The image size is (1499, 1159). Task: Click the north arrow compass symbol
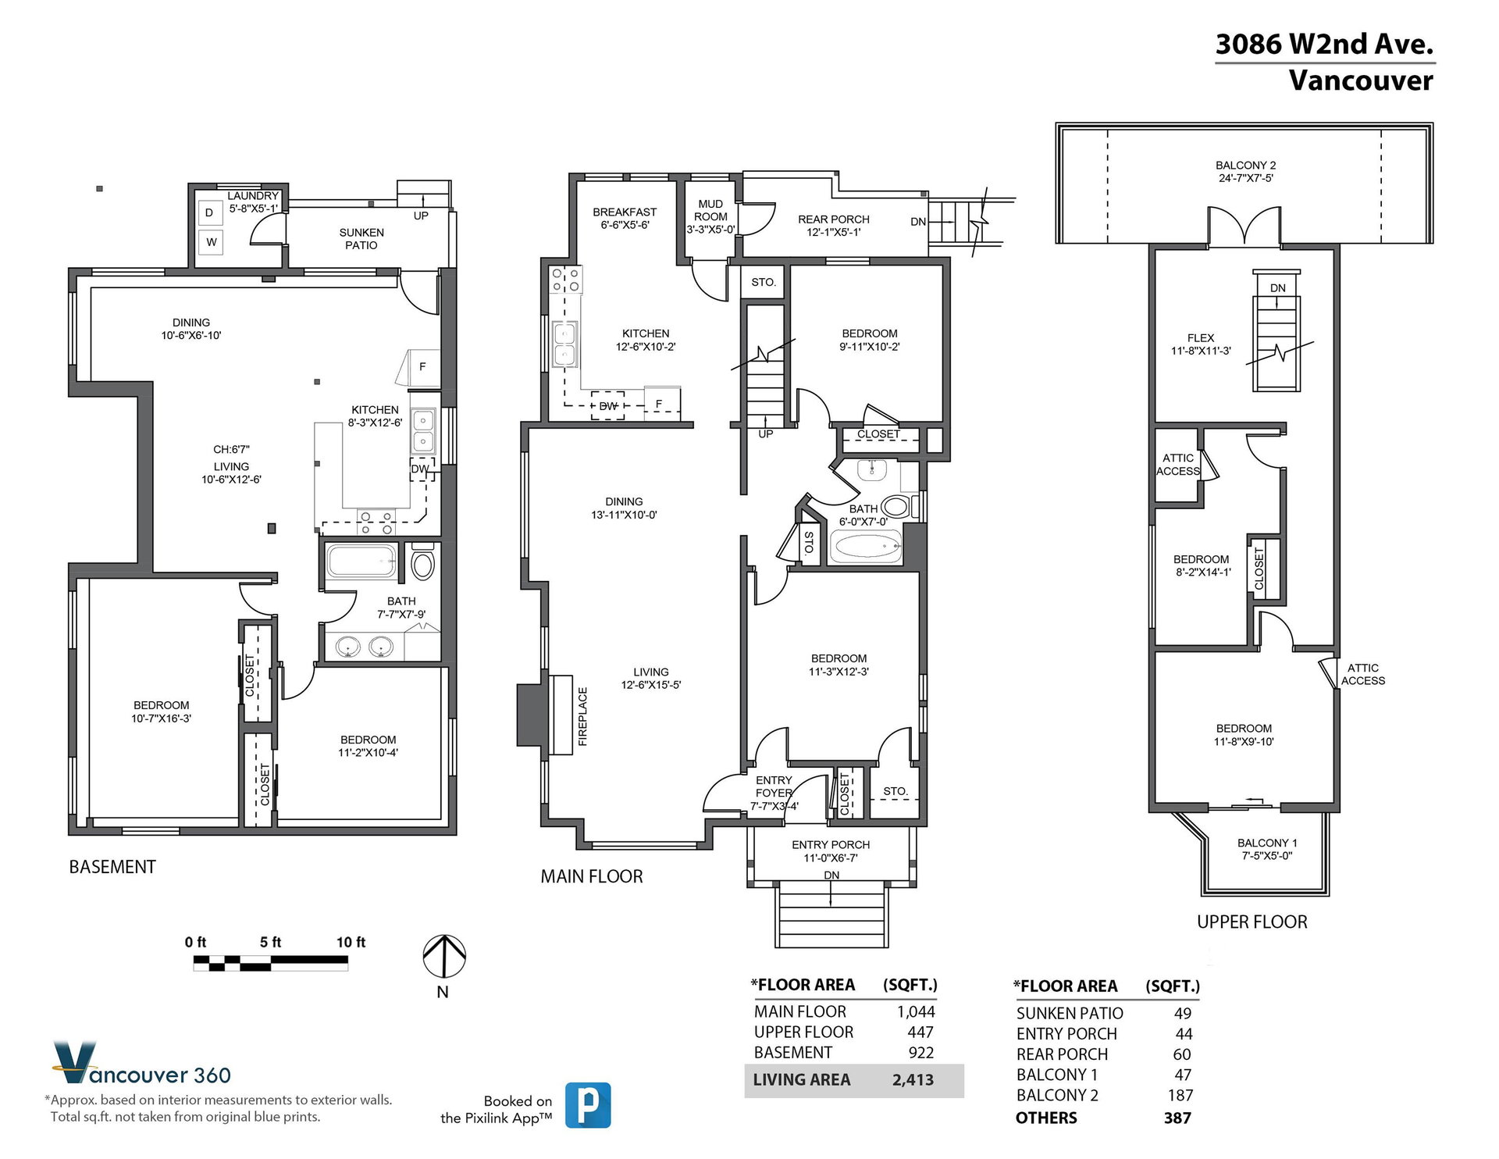pyautogui.click(x=444, y=956)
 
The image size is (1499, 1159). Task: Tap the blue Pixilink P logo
pyautogui.click(x=588, y=1105)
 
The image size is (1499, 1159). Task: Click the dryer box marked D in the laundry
pyautogui.click(x=209, y=212)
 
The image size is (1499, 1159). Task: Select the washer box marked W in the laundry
pyautogui.click(x=211, y=242)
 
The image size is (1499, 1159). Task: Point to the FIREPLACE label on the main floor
pyautogui.click(x=582, y=716)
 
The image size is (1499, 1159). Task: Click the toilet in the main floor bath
pyautogui.click(x=895, y=507)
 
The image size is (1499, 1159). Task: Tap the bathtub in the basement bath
pyautogui.click(x=361, y=561)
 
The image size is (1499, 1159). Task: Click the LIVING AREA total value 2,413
pyautogui.click(x=913, y=1080)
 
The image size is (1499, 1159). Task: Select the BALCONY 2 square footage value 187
pyautogui.click(x=1180, y=1096)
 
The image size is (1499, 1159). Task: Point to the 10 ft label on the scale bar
pyautogui.click(x=351, y=943)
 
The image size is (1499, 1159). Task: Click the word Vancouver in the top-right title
pyautogui.click(x=1361, y=80)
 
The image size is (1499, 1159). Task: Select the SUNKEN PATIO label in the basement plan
pyautogui.click(x=361, y=239)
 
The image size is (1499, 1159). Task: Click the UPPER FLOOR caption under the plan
pyautogui.click(x=1252, y=922)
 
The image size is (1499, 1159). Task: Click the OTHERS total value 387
pyautogui.click(x=1177, y=1118)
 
